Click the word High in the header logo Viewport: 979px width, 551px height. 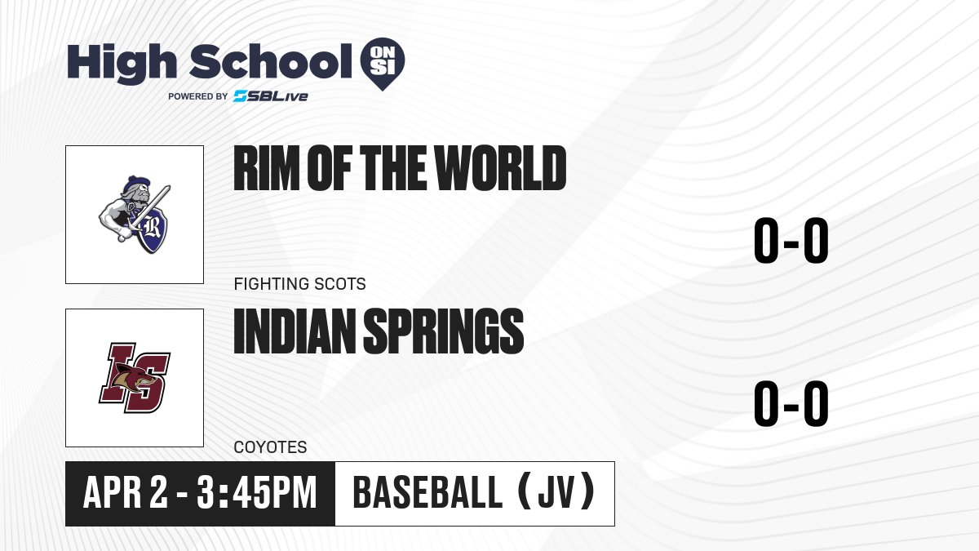122,63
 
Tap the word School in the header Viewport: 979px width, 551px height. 271,61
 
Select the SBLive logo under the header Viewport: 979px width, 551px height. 271,96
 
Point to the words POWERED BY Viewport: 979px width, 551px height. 198,96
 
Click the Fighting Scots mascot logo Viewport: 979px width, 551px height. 135,214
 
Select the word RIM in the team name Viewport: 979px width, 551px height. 267,168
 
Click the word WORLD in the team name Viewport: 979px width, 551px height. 500,168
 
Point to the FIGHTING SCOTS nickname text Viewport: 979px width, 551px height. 300,284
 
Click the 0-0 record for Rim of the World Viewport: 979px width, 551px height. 791,241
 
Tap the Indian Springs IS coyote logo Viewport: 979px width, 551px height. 135,378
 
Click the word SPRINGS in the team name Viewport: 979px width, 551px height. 444,331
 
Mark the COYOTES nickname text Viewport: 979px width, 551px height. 271,447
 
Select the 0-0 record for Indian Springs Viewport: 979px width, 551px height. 791,403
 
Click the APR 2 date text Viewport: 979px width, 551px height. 126,492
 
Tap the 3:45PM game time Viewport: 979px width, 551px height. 257,492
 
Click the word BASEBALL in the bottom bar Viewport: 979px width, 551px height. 427,492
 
